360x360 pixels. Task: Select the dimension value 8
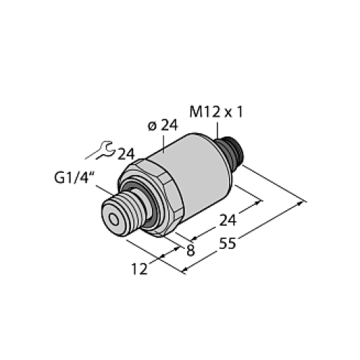pos(189,250)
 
